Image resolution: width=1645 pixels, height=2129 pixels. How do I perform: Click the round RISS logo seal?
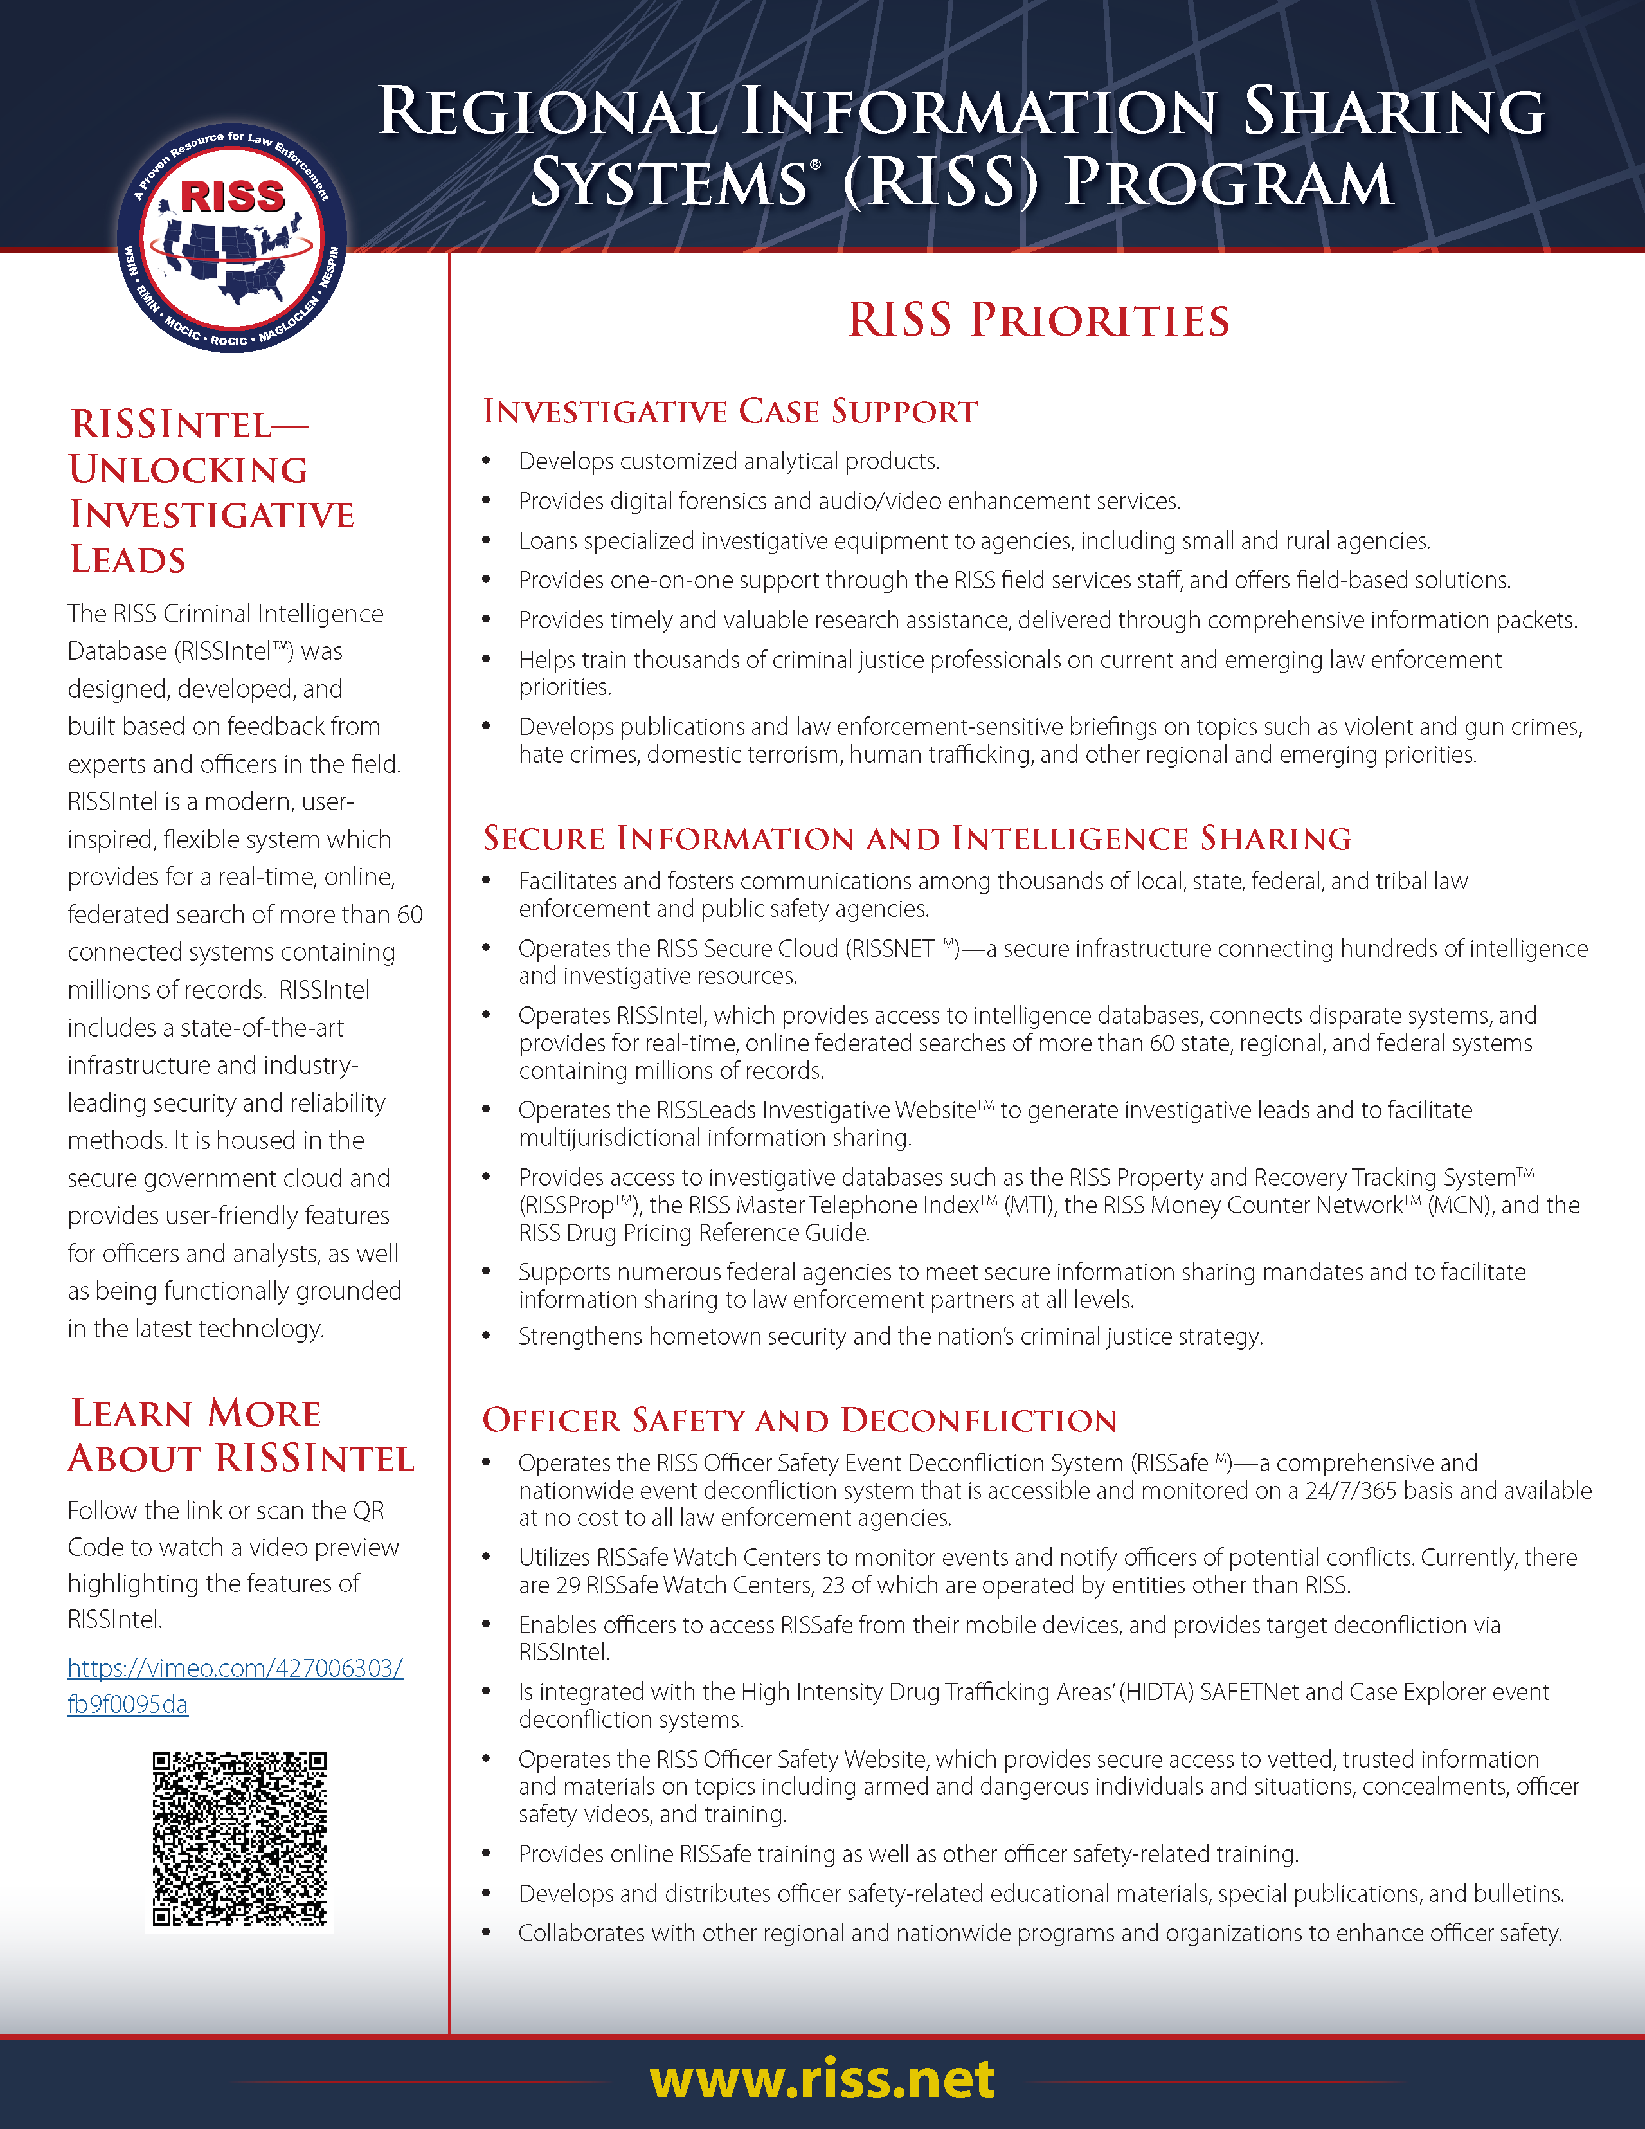point(232,239)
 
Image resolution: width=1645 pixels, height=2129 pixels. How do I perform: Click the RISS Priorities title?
point(1039,321)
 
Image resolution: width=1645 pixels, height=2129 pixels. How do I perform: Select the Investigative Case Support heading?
point(730,412)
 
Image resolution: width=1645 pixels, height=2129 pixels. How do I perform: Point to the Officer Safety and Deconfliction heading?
point(799,1420)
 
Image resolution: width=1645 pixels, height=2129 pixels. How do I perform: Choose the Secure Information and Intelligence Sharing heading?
point(917,838)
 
